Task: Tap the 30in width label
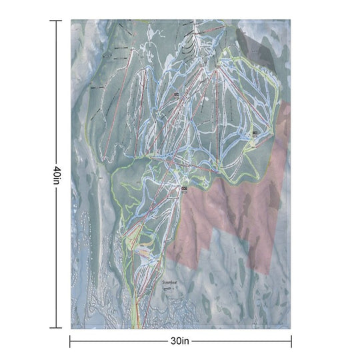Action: [180, 341]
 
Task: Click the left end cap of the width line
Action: [71, 341]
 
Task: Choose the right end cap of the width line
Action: [291, 341]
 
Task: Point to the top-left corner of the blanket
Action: [71, 20]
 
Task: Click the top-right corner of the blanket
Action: [290, 20]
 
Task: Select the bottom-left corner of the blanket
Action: [71, 328]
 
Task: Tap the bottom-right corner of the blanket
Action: [290, 328]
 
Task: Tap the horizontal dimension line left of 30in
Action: [120, 341]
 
